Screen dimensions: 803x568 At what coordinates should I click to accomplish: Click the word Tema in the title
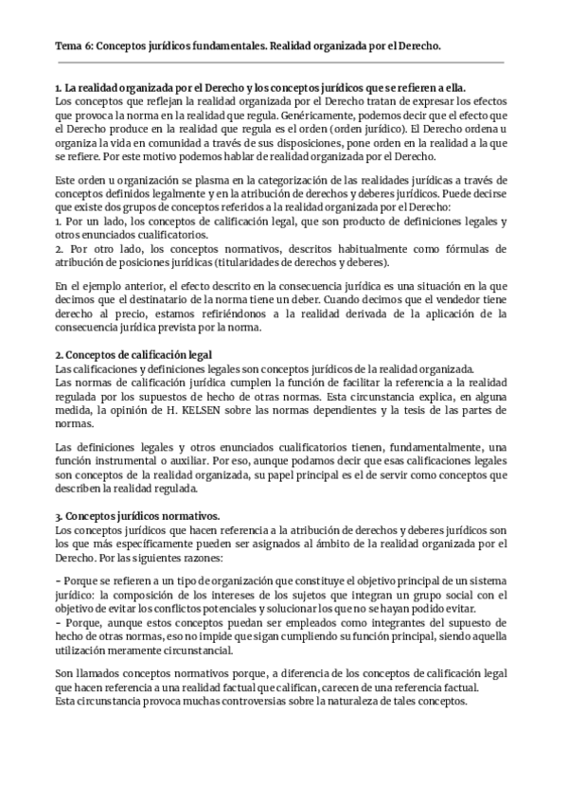click(x=68, y=45)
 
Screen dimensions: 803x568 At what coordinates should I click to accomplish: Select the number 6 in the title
click(x=90, y=45)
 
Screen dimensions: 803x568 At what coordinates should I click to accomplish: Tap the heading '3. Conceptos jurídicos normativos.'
click(x=137, y=516)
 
